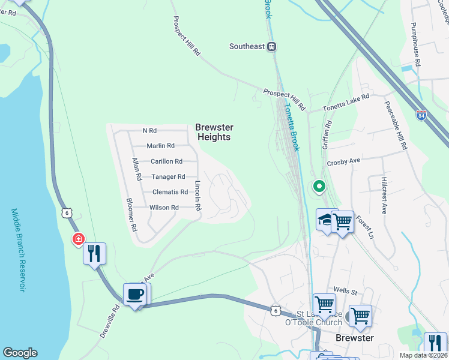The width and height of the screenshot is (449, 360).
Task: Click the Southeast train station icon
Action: click(272, 46)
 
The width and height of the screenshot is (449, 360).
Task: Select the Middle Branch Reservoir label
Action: click(19, 250)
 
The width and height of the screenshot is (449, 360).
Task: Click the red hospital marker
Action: click(77, 240)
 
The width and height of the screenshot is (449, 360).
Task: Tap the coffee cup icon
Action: click(134, 294)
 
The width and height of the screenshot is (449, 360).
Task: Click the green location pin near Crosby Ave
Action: click(319, 187)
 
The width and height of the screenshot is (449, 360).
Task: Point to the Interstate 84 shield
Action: click(421, 115)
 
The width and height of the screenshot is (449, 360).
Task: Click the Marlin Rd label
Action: click(161, 146)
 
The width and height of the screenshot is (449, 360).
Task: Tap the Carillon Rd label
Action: click(166, 161)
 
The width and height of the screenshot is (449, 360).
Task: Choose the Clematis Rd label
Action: click(170, 192)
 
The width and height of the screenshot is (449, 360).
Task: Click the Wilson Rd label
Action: click(164, 208)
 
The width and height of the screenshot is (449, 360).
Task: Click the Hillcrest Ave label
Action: click(385, 195)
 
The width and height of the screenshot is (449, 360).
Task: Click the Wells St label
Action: click(346, 292)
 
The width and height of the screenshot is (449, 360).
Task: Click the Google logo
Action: click(20, 353)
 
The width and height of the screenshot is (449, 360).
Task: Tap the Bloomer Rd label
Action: click(132, 215)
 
